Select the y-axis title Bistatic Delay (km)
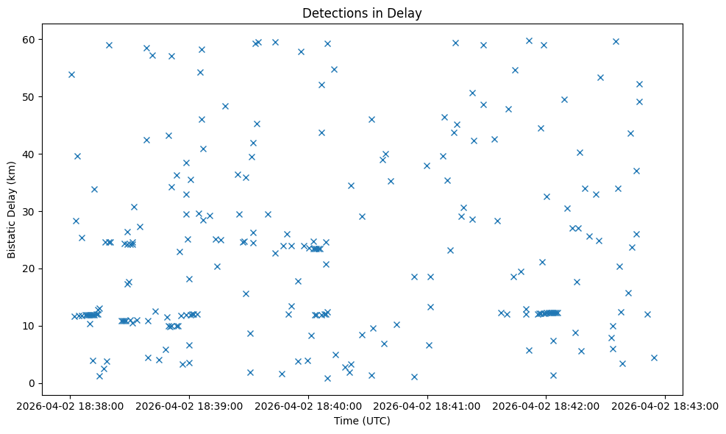(x=13, y=210)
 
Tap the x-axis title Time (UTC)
(x=362, y=421)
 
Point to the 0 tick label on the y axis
(x=33, y=383)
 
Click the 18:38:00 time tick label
(x=71, y=405)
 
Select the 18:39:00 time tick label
(x=190, y=405)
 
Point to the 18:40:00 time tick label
(x=309, y=405)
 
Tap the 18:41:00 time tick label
(x=427, y=405)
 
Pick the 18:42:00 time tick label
(x=547, y=405)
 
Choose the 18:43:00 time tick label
(x=665, y=405)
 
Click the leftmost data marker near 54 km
(x=71, y=74)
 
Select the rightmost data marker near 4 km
(x=654, y=357)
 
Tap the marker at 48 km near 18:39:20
(x=225, y=106)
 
